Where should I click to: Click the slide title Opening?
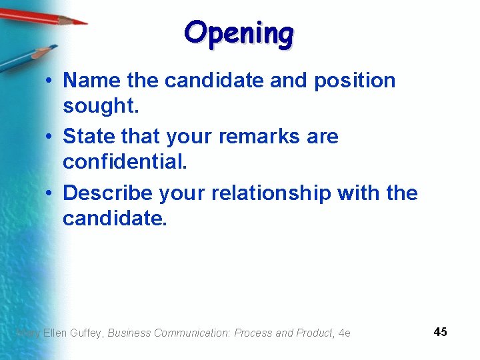pyautogui.click(x=239, y=33)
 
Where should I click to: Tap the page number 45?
pyautogui.click(x=440, y=331)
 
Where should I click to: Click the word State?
pyautogui.click(x=89, y=137)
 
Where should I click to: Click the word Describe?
pyautogui.click(x=108, y=193)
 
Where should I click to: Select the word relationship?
pyautogui.click(x=271, y=193)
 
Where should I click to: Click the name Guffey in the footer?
pyautogui.click(x=87, y=333)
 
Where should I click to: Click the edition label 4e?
pyautogui.click(x=345, y=333)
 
